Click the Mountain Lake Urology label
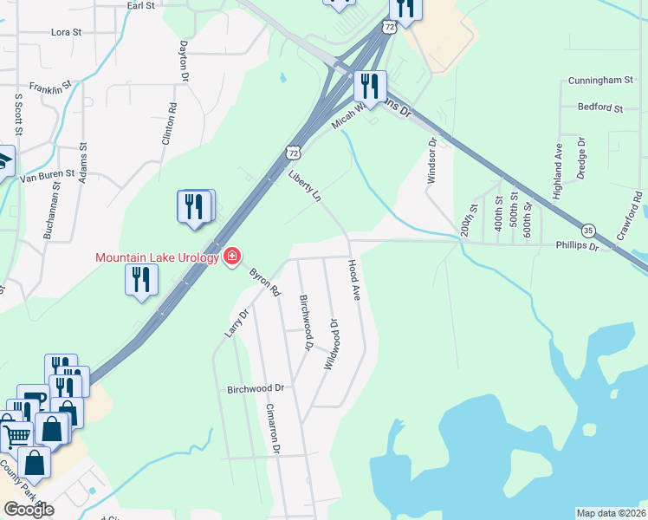(157, 257)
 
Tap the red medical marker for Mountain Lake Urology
(231, 257)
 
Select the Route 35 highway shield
(589, 230)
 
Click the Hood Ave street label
(353, 280)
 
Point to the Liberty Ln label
(304, 186)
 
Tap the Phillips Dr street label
(577, 246)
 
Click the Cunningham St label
(601, 81)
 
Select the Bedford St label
(601, 108)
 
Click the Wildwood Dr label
(330, 344)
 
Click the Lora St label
(66, 32)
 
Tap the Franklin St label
(50, 88)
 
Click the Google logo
(29, 510)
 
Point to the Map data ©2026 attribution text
(612, 513)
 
